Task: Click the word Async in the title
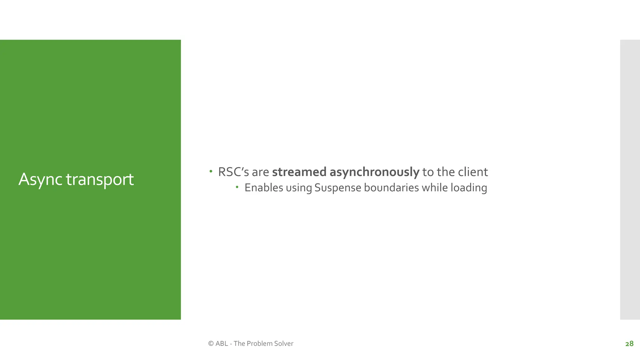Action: (40, 179)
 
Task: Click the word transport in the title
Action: (100, 180)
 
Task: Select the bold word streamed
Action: (299, 172)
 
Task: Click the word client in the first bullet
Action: (472, 172)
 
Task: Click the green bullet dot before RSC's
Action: (211, 171)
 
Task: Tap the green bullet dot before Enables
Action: (237, 187)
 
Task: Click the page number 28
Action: (629, 344)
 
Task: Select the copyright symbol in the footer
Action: (211, 343)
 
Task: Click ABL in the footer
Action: (222, 343)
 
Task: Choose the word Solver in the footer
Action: (284, 343)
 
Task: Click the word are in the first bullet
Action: (260, 172)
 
